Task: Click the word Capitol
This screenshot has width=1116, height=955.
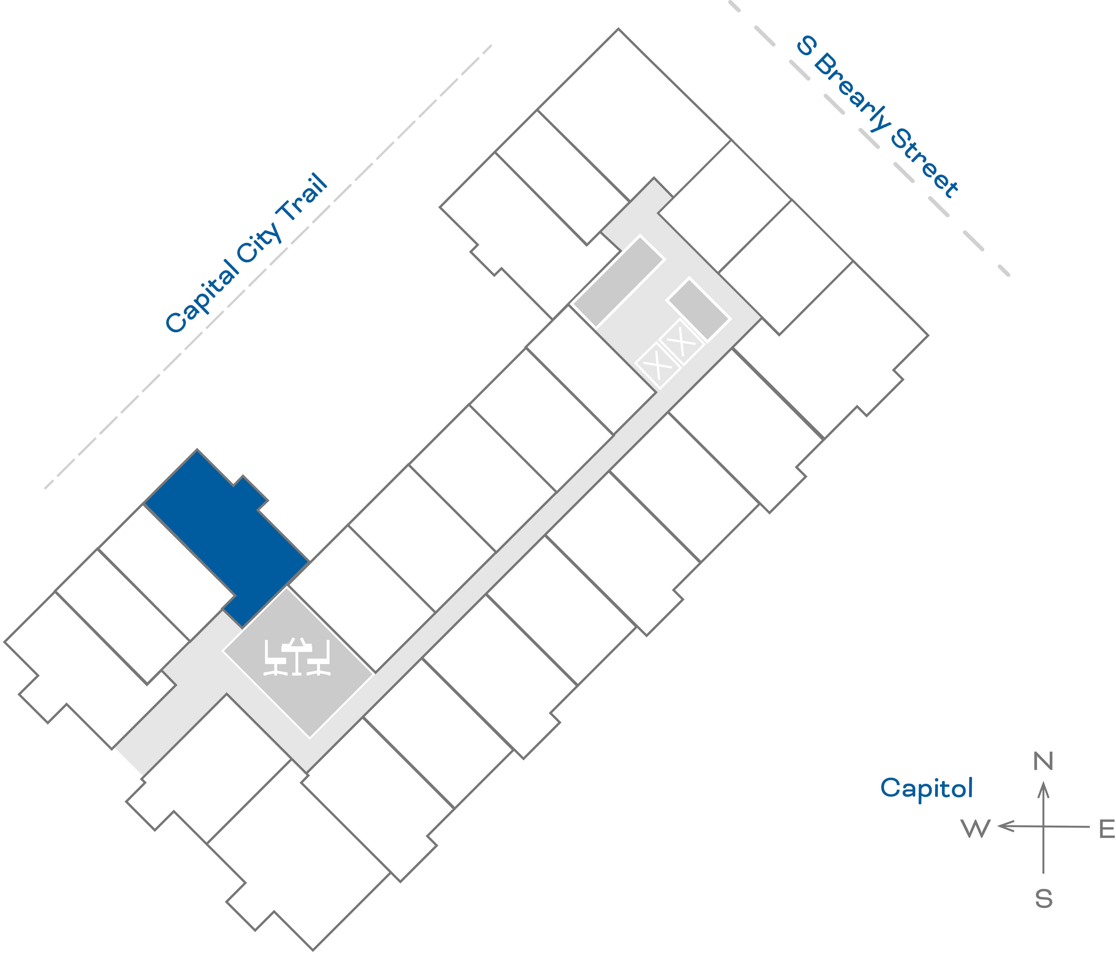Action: pos(926,788)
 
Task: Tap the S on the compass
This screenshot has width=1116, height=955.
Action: pos(1043,899)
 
